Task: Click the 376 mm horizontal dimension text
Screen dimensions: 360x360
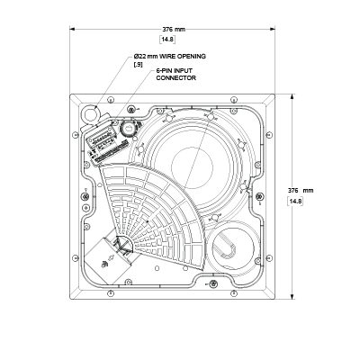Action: [174, 30]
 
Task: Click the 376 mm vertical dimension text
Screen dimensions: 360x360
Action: [301, 191]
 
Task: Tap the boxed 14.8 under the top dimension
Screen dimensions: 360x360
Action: [168, 40]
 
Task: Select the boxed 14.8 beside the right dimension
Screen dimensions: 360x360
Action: [295, 202]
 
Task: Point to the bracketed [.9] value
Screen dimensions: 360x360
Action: [138, 65]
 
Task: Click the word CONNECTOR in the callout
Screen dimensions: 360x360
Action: [175, 78]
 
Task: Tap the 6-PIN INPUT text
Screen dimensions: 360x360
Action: [174, 71]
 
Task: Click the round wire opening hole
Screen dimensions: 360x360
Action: [91, 113]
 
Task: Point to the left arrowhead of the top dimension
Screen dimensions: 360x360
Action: [72, 29]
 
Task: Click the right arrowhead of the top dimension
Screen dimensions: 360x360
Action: [273, 29]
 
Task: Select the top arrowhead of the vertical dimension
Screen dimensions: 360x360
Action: [292, 96]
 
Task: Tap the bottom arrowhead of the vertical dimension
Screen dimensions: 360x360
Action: [292, 297]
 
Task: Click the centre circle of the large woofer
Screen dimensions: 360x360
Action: [192, 167]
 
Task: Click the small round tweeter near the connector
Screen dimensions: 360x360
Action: [129, 129]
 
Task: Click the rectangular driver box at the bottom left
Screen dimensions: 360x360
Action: [107, 260]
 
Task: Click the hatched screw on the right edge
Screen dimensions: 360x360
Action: [260, 196]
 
